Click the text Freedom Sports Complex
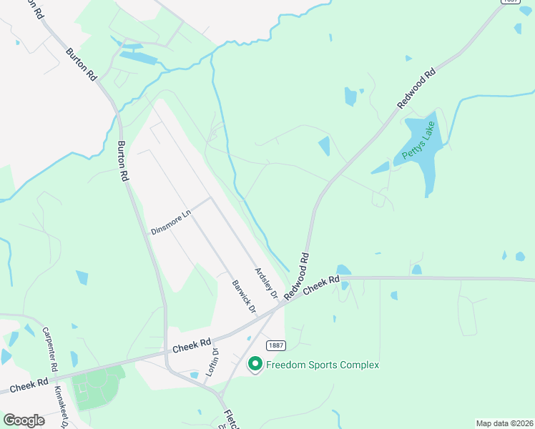322,365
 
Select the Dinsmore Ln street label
172,222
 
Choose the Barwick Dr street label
244,295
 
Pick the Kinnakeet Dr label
60,405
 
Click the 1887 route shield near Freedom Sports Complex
277,345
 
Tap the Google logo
24,420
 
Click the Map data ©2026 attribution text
504,423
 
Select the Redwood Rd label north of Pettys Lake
416,89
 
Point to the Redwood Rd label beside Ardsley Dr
296,275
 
